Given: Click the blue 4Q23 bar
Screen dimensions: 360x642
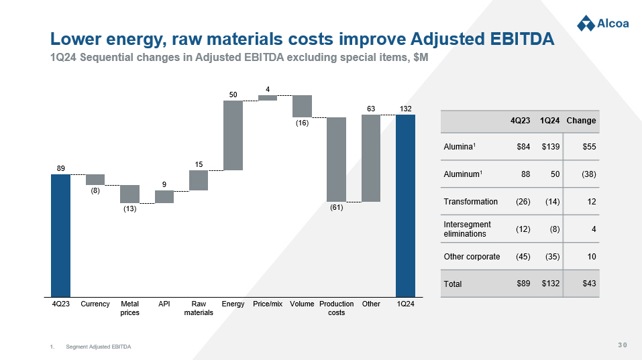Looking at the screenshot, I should [x=60, y=235].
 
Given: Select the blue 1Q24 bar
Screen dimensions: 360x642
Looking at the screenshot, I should [x=405, y=205].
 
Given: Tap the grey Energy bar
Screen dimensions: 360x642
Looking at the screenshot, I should [x=233, y=135].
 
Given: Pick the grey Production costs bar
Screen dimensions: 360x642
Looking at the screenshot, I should [x=336, y=159].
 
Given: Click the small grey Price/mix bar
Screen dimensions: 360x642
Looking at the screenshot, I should [x=268, y=98].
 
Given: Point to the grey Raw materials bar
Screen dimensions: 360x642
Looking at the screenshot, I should [x=199, y=180].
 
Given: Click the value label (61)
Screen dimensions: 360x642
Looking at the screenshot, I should [x=336, y=208].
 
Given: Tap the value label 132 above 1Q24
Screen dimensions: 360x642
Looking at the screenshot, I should [x=405, y=109].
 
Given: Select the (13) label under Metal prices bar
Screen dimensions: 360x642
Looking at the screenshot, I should [x=129, y=209].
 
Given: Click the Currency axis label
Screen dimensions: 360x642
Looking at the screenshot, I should [x=95, y=304].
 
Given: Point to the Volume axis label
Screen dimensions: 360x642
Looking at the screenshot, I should [x=302, y=304].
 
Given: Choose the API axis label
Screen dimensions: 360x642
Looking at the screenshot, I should [x=164, y=304].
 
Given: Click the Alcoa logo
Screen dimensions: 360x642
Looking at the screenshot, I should [x=602, y=23].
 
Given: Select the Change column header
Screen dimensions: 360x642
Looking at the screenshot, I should [x=581, y=121].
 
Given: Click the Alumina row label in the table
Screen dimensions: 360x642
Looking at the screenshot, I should [x=460, y=146].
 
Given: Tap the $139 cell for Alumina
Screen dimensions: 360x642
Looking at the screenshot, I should [x=551, y=146].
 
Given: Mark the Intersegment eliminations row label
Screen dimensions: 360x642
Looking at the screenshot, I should [x=468, y=229].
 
